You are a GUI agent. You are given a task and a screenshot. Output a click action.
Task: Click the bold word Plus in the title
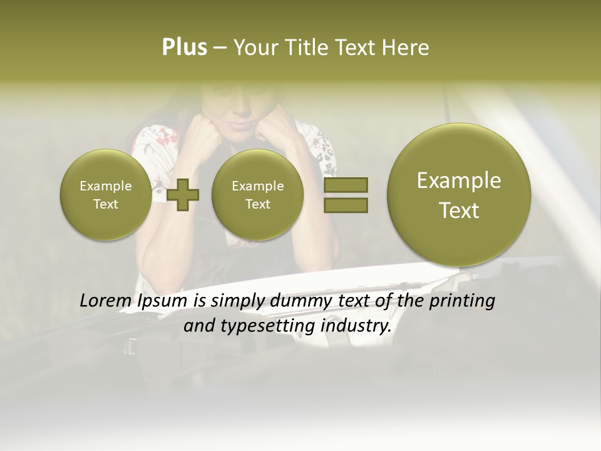(x=184, y=48)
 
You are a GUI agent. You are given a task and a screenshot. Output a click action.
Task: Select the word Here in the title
(x=408, y=48)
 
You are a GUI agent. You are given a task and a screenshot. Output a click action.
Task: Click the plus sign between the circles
(x=183, y=195)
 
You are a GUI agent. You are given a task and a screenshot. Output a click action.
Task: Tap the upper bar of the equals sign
(x=346, y=185)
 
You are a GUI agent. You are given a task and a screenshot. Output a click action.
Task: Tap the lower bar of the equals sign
(x=346, y=205)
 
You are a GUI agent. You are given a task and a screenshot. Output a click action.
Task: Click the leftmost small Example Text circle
(x=105, y=195)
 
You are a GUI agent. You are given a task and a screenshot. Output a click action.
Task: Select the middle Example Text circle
(x=257, y=195)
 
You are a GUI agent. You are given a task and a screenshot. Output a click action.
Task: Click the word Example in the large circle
(x=459, y=180)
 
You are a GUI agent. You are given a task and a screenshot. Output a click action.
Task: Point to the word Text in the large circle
(x=459, y=210)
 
